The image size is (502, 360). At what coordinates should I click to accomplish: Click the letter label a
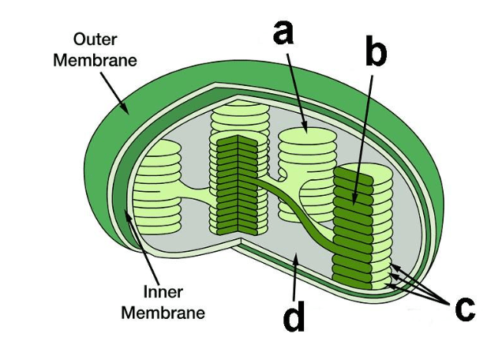(283, 32)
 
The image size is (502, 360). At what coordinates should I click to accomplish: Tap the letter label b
(376, 51)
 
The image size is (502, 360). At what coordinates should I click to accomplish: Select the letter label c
(465, 309)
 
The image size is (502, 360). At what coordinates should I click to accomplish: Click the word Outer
(95, 39)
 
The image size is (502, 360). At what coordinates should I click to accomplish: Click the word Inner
(163, 292)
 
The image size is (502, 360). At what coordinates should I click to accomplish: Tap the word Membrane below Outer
(95, 60)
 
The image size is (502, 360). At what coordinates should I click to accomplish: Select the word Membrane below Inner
(163, 313)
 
